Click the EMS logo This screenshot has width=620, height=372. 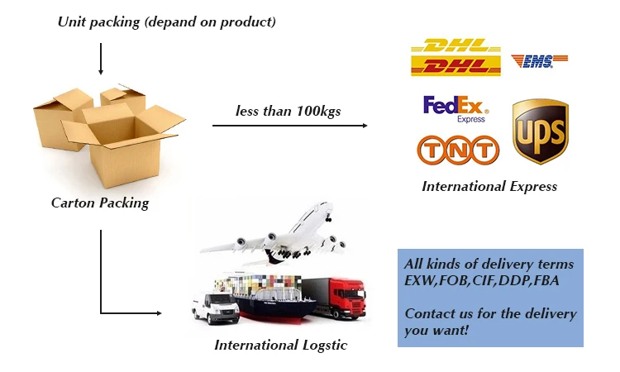[x=539, y=60]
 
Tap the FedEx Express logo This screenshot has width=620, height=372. [x=455, y=108]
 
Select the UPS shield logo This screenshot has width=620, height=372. [x=540, y=131]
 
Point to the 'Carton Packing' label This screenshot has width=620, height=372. [x=100, y=203]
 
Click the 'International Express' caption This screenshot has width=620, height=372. [x=489, y=186]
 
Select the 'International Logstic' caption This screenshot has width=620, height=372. [x=281, y=345]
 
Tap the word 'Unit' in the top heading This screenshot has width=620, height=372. [x=72, y=22]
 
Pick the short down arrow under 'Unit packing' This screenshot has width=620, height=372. [x=101, y=60]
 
